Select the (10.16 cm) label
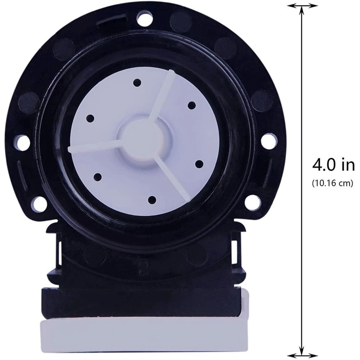(332, 183)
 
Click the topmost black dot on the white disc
(137, 83)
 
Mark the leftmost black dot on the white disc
(90, 118)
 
